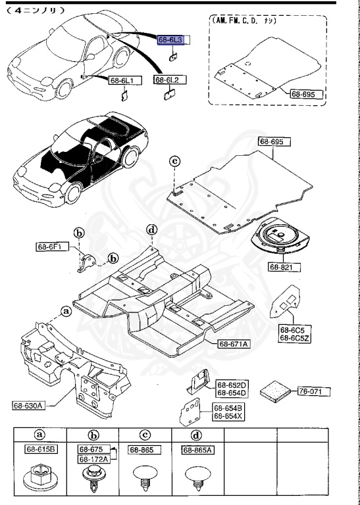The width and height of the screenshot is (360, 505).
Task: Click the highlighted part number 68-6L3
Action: [170, 41]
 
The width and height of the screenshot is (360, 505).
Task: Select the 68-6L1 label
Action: [122, 80]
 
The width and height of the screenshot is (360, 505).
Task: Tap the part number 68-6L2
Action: [167, 80]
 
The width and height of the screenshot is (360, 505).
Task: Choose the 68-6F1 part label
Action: [49, 247]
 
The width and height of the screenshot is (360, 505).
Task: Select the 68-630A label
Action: [28, 405]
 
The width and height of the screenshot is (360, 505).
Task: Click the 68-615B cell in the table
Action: [41, 450]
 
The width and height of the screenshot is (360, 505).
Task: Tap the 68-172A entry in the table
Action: [95, 458]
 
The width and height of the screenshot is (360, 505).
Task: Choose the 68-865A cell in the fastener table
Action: [197, 450]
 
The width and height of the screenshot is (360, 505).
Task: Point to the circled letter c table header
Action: [145, 435]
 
